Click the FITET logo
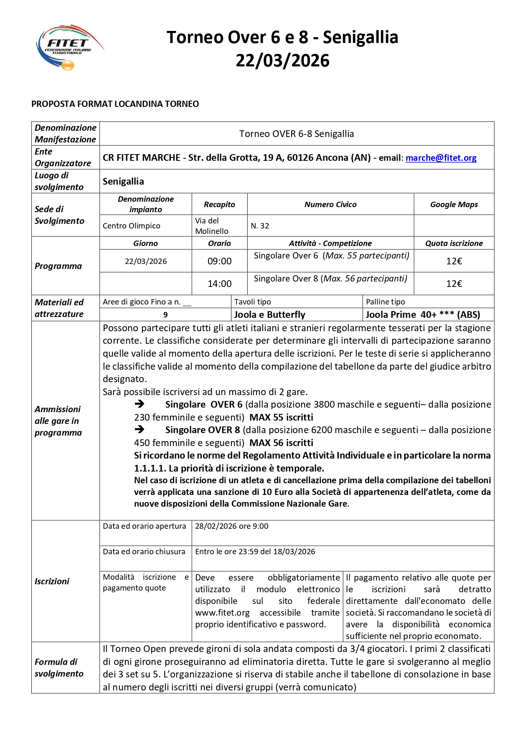point(69,47)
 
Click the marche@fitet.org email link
point(441,158)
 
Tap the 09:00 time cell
point(219,261)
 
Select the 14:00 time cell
point(219,284)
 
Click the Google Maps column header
point(454,205)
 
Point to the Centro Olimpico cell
point(132,226)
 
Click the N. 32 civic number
point(260,226)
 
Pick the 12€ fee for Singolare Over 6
point(454,261)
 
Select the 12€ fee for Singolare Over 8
point(454,284)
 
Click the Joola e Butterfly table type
point(269,315)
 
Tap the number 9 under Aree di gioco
point(165,315)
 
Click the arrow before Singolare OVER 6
point(140,404)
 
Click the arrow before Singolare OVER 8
point(140,429)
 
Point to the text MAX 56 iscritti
point(281,443)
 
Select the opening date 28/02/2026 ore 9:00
point(231,526)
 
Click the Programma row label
point(58,266)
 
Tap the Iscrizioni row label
point(52,581)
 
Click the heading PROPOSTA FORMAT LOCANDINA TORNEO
point(115,104)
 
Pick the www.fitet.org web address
point(222,613)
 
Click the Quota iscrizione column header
point(454,243)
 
